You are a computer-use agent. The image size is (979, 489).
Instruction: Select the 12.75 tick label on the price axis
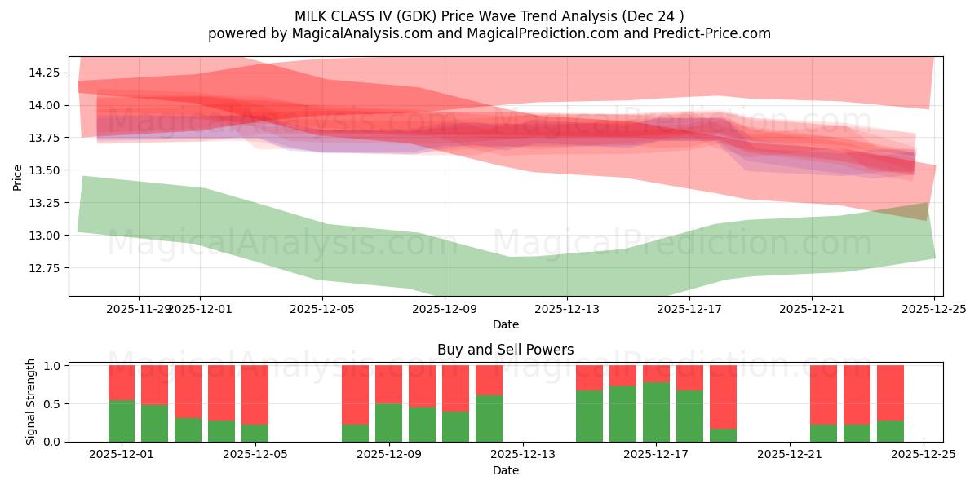[45, 268]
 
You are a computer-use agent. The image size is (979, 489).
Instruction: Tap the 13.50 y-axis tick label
[45, 170]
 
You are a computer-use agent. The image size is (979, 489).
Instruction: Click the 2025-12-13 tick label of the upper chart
[567, 309]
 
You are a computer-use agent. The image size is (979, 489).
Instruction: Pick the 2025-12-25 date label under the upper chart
[934, 309]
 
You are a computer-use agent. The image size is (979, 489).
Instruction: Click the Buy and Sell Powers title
[505, 350]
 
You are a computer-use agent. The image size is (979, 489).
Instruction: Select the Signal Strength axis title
[31, 402]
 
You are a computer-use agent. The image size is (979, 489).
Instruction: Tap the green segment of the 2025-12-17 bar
[656, 412]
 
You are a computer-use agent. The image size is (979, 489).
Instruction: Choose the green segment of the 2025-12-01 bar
[122, 421]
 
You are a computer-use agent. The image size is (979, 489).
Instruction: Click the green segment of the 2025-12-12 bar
[489, 419]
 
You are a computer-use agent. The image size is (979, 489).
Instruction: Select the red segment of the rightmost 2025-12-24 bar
[890, 392]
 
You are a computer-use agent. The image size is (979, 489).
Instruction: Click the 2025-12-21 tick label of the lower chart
[790, 455]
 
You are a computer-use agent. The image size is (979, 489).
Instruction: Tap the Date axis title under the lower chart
[505, 470]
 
